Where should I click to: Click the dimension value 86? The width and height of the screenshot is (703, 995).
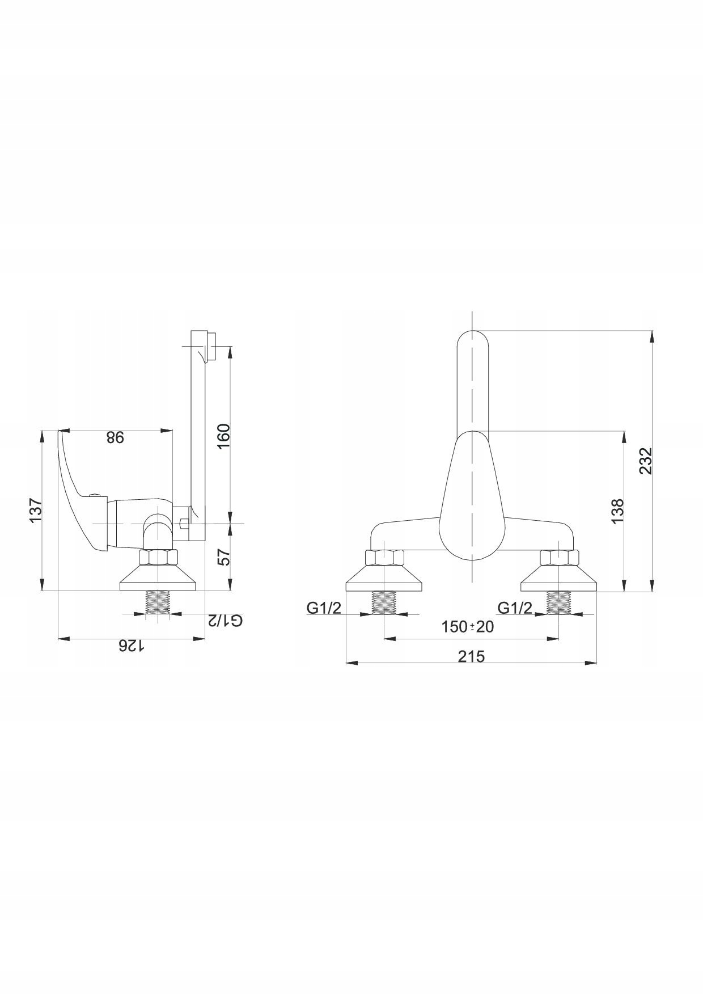[x=115, y=437]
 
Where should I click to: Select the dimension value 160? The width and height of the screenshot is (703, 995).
[x=224, y=436]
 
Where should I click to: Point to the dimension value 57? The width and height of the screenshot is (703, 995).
[x=225, y=557]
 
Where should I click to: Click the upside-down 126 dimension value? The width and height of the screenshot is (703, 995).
[x=131, y=646]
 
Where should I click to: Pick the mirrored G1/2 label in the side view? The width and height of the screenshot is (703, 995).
[x=225, y=620]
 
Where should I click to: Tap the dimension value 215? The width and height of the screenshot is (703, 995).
[x=471, y=656]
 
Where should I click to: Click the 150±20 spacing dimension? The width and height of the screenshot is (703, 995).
[x=468, y=626]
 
